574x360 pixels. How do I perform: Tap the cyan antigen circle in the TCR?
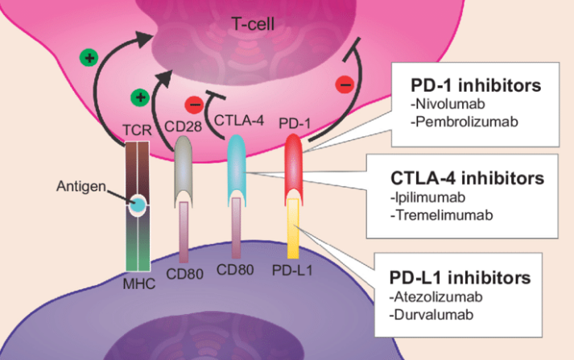[139, 205]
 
